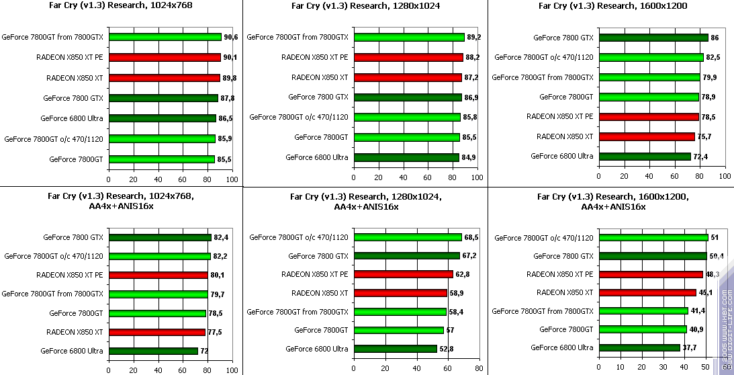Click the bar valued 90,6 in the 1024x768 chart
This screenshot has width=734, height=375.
[165, 37]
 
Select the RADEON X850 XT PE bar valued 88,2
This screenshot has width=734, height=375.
[408, 57]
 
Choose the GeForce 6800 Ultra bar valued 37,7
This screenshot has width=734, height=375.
[639, 347]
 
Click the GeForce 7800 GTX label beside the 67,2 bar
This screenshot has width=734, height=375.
[318, 256]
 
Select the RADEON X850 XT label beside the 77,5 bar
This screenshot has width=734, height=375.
[75, 332]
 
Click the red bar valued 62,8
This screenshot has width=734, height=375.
[404, 274]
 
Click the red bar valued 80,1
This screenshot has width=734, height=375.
[158, 274]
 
